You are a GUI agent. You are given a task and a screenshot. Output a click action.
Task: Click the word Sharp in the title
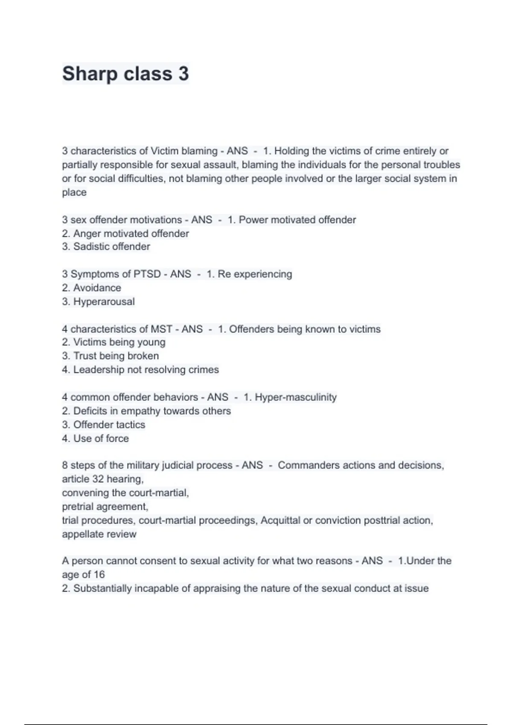coord(89,74)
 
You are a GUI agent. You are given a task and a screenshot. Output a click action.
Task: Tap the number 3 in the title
coord(183,74)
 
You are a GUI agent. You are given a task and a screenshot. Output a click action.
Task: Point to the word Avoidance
coord(97,288)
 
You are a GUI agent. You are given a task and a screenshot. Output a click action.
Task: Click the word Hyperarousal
coord(104,302)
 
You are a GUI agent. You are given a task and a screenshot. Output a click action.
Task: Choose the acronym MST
coord(161,329)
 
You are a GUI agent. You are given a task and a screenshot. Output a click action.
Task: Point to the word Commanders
coord(304,465)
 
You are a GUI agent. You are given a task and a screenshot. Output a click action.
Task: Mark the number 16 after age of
coord(99,575)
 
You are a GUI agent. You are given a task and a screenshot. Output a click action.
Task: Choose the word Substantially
coord(102,589)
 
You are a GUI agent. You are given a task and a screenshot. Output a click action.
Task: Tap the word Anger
coord(87,234)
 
